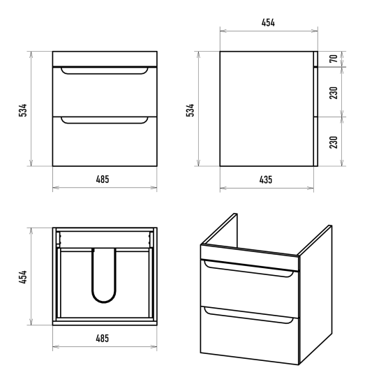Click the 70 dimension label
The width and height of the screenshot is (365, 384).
334,59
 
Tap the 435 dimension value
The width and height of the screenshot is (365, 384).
266,179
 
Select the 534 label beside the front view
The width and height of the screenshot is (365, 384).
23,110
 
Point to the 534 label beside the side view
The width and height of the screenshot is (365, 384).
190,110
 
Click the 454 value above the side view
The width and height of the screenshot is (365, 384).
268,22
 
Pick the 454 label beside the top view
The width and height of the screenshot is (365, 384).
23,277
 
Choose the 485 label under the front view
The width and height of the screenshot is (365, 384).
103,179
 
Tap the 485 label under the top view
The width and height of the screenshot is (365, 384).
103,339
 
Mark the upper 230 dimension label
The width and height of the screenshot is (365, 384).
334,93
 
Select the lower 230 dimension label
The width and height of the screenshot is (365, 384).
334,142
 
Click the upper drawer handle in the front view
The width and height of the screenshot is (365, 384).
105,73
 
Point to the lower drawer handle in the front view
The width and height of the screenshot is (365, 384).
105,122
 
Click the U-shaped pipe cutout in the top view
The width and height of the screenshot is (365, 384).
104,302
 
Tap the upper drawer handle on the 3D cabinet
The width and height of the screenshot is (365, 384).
249,272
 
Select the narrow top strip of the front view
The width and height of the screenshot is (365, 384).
105,59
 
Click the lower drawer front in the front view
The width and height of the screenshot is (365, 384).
105,142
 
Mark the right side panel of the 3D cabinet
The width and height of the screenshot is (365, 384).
315,294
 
